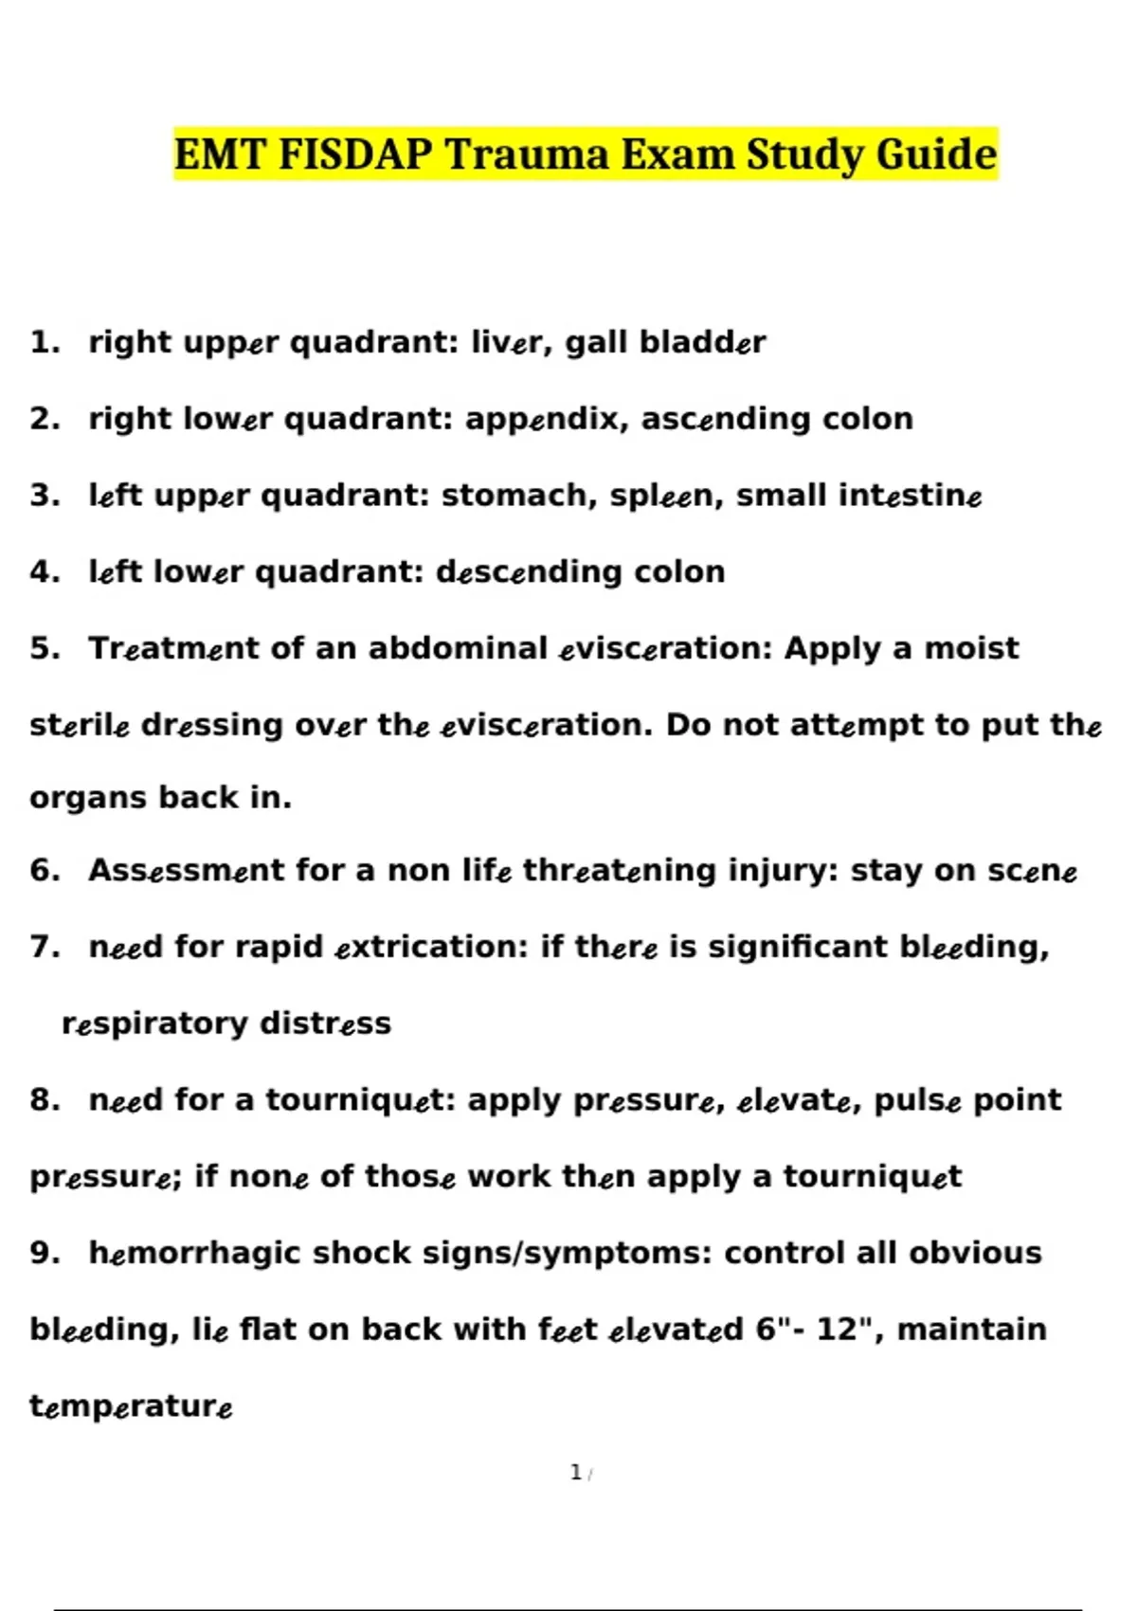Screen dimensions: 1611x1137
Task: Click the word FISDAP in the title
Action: (x=355, y=154)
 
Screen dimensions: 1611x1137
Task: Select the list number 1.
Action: (x=44, y=342)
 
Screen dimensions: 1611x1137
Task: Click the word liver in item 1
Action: (x=511, y=342)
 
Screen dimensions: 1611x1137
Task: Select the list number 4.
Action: (x=44, y=572)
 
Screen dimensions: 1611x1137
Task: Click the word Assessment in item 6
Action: (x=186, y=871)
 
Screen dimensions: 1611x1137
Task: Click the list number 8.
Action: (x=44, y=1100)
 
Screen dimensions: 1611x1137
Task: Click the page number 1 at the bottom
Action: (x=576, y=1473)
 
